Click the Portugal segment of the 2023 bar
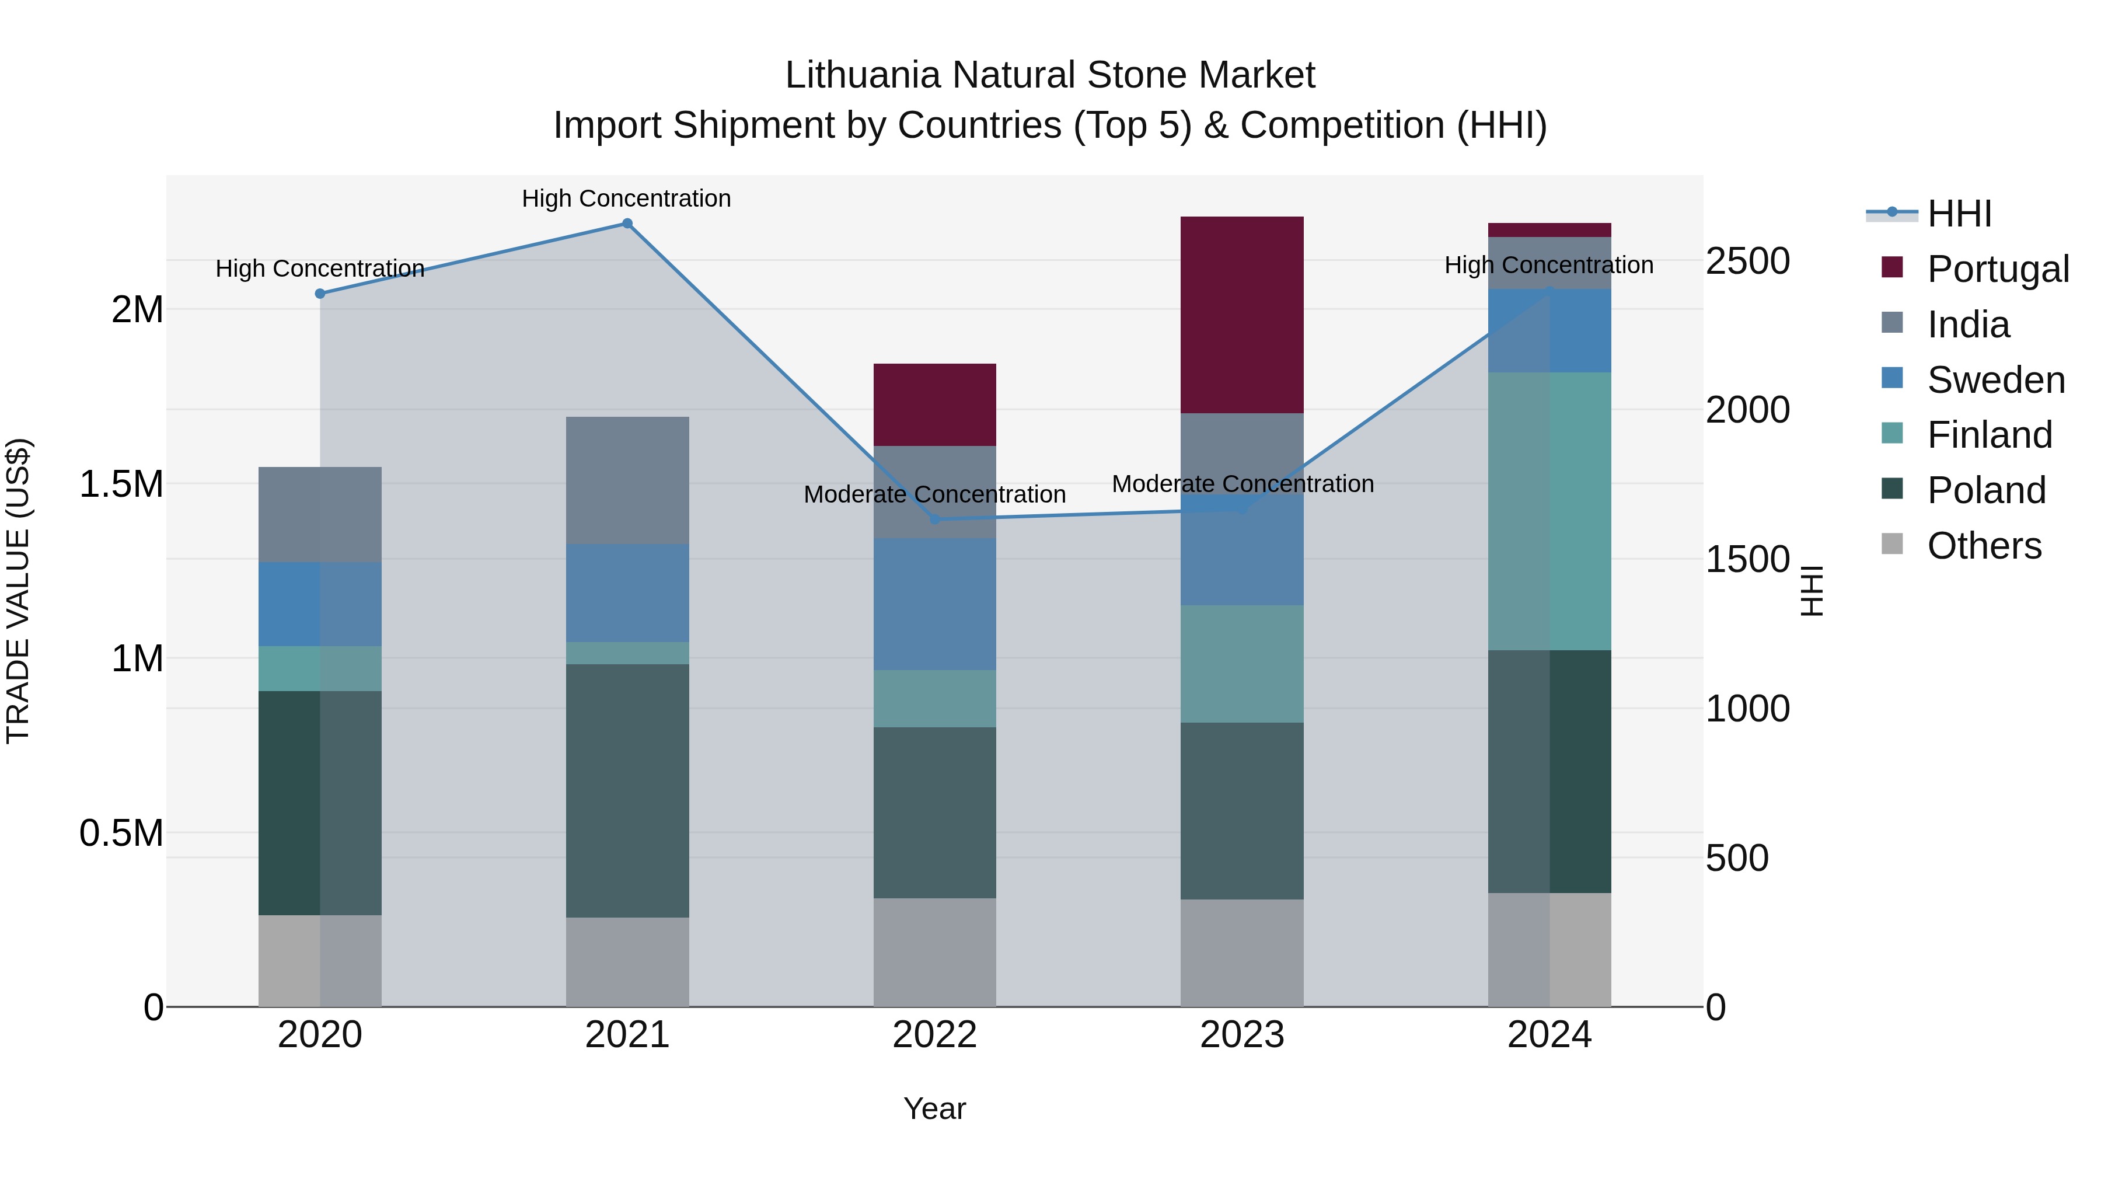[1241, 314]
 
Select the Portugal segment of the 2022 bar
[935, 405]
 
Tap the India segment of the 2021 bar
[627, 480]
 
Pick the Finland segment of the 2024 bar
[1549, 511]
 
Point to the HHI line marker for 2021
[627, 224]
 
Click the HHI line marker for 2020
[320, 294]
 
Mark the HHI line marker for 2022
[935, 519]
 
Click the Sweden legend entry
[1995, 380]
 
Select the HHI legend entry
[1959, 214]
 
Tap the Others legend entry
[1984, 546]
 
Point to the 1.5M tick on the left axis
[121, 484]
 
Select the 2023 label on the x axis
[1241, 1035]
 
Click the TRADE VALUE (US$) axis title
[18, 591]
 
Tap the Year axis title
[935, 1108]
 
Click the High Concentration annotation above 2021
[626, 198]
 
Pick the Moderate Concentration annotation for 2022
[935, 494]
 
